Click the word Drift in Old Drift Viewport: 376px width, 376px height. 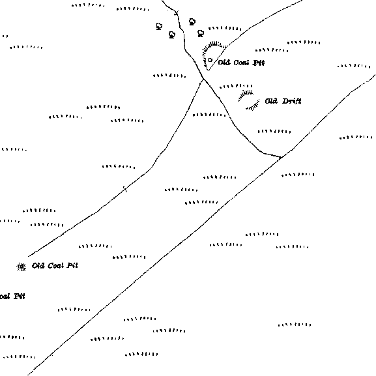coord(291,101)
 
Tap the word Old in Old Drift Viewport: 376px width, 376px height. coord(271,101)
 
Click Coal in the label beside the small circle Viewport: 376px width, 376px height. coord(242,63)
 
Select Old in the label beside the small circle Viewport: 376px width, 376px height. coord(224,63)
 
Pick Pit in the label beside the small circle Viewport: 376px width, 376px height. coord(259,63)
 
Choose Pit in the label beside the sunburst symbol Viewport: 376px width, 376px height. coord(72,266)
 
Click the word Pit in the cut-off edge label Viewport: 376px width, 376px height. coord(19,296)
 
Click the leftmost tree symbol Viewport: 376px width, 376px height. coord(159,26)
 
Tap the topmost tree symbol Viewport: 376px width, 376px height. coord(192,22)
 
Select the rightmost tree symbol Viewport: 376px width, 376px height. coord(201,33)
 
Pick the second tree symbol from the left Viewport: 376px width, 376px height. coord(172,35)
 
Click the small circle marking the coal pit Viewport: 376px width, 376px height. coord(210,60)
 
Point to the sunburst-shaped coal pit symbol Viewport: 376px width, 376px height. coord(22,267)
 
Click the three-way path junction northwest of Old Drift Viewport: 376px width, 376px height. coord(203,79)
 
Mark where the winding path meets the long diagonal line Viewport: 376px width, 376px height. coord(282,157)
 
